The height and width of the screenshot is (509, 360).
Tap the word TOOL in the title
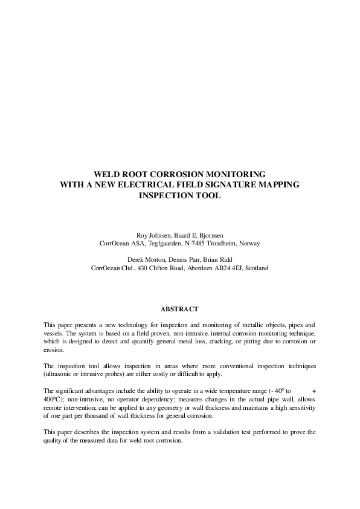208,196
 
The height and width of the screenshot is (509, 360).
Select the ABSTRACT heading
179,309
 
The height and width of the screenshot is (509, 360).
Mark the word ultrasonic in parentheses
62,374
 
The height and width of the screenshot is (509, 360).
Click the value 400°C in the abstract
53,400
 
